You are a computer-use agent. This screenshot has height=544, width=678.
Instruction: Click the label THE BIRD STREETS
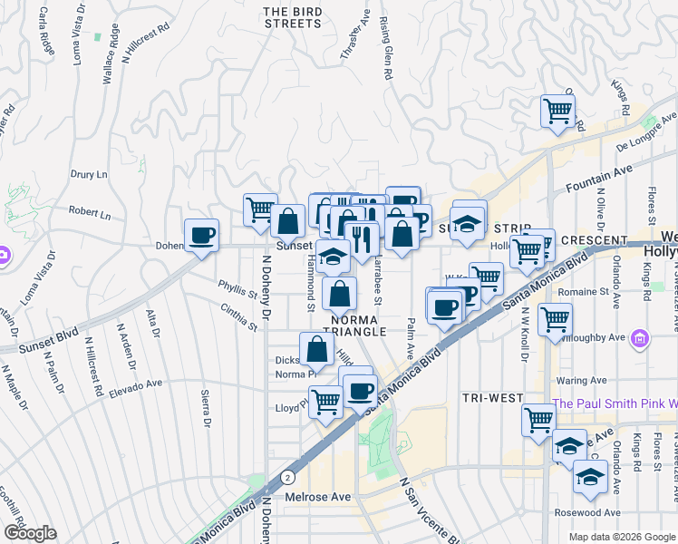[292, 17]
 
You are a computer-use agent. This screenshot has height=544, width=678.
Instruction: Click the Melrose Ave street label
[318, 497]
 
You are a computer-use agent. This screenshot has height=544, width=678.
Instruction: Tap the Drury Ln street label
[89, 173]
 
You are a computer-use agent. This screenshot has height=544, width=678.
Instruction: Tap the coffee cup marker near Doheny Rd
[201, 235]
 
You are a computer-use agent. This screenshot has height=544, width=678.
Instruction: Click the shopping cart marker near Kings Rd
[557, 111]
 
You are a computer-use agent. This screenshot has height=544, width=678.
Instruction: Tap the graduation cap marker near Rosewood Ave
[589, 477]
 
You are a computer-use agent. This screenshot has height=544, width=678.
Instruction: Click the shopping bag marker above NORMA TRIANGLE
[339, 294]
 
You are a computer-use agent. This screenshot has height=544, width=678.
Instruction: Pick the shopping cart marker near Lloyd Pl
[325, 402]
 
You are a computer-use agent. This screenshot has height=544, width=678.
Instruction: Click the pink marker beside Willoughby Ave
[640, 339]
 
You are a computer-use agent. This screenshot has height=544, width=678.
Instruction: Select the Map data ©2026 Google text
[621, 537]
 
